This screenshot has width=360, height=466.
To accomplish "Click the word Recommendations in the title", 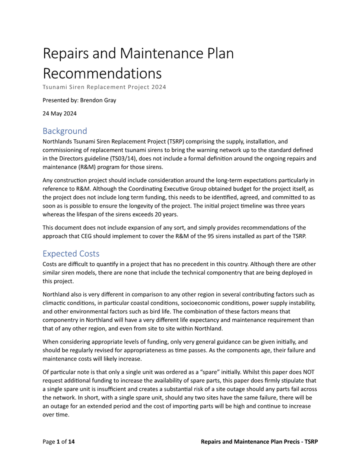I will [x=102, y=73].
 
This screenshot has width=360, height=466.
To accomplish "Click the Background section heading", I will [x=65, y=131].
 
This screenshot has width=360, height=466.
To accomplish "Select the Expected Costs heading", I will [x=71, y=254].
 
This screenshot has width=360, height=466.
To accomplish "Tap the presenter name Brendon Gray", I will [x=98, y=100].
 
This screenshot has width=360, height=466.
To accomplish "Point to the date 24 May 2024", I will [x=60, y=114].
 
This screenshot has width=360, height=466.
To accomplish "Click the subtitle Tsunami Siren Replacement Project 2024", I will [x=104, y=87].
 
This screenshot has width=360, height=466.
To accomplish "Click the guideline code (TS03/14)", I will [x=124, y=159].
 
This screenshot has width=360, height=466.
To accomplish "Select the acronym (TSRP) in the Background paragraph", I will [x=174, y=142].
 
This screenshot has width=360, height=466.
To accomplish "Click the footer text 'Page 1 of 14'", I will [x=58, y=442].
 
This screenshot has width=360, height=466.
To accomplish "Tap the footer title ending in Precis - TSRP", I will [x=259, y=442].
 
